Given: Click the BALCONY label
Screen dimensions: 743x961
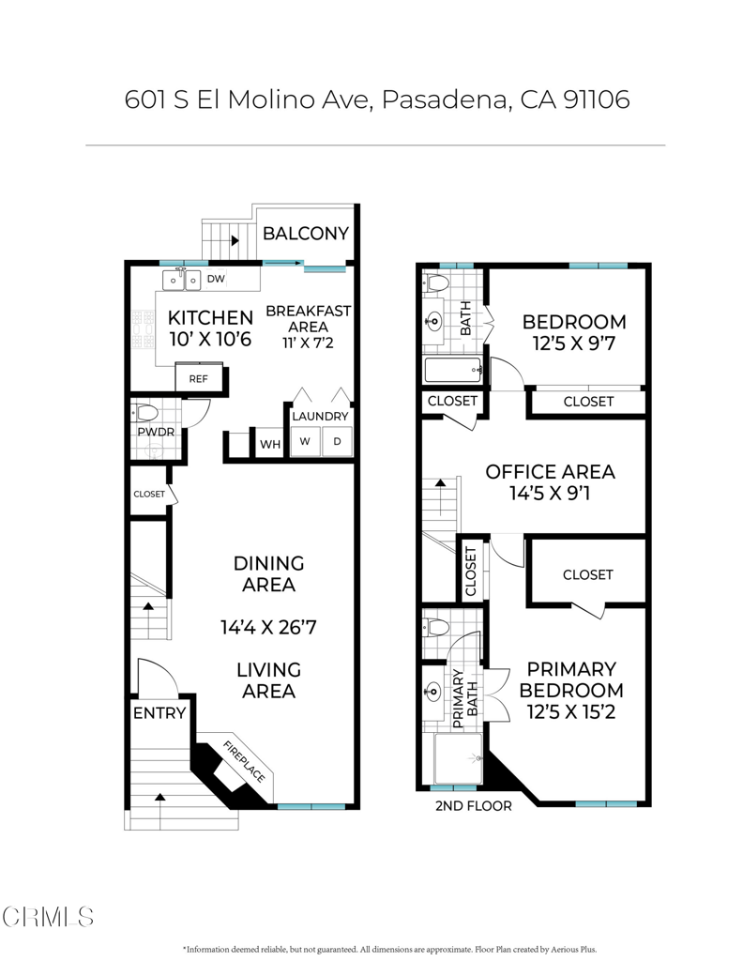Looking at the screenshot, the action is coord(306,234).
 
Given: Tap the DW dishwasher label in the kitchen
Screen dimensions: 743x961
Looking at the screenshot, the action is coord(216,279).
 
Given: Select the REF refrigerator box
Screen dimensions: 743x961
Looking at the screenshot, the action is coord(199,378).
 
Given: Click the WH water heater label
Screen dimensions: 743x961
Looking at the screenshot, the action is coord(270,444).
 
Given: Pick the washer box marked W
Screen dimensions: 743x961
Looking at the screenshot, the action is coord(305,441).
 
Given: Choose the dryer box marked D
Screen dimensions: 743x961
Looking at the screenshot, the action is coord(337,441).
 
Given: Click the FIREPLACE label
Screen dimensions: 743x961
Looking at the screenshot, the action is coord(244,761).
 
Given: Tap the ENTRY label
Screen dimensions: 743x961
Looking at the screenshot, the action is coord(159,713).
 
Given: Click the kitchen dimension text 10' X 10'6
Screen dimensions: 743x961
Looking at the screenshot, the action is coord(210,339).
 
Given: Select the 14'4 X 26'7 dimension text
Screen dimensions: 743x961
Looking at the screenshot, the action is coord(268,627).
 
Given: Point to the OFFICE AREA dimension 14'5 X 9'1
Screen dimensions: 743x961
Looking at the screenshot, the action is coord(550,493).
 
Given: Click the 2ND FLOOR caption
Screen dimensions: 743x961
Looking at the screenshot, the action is coord(474,806).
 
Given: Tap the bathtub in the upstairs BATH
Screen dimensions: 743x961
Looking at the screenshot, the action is coord(453,370).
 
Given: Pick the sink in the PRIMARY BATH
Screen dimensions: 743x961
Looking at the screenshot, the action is coord(433,692).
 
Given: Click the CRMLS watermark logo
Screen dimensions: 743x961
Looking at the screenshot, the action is coord(48,917).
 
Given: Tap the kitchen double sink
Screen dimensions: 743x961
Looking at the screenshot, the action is coord(182,280).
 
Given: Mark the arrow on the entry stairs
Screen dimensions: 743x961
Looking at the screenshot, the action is coord(159,797).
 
